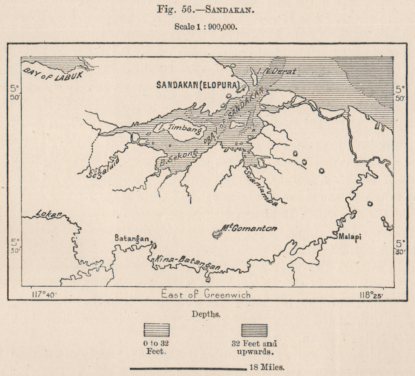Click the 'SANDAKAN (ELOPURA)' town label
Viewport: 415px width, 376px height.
point(198,85)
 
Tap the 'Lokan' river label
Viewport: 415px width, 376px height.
point(49,214)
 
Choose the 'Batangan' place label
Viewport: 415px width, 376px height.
point(132,239)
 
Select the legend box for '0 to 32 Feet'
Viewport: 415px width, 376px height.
point(156,330)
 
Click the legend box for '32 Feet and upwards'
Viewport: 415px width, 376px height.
point(254,330)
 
